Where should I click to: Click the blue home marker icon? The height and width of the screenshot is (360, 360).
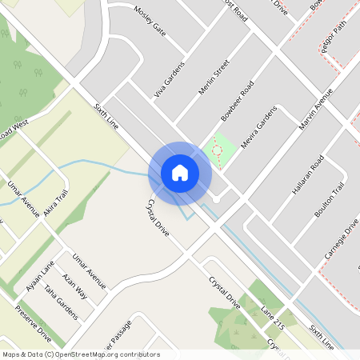coord(180,172)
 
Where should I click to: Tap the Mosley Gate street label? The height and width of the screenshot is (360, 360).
coord(150,22)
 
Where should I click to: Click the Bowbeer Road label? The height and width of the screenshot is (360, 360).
coord(238,99)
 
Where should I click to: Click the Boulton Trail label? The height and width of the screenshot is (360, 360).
coord(329,200)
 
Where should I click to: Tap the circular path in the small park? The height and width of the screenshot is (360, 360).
coord(216,150)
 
